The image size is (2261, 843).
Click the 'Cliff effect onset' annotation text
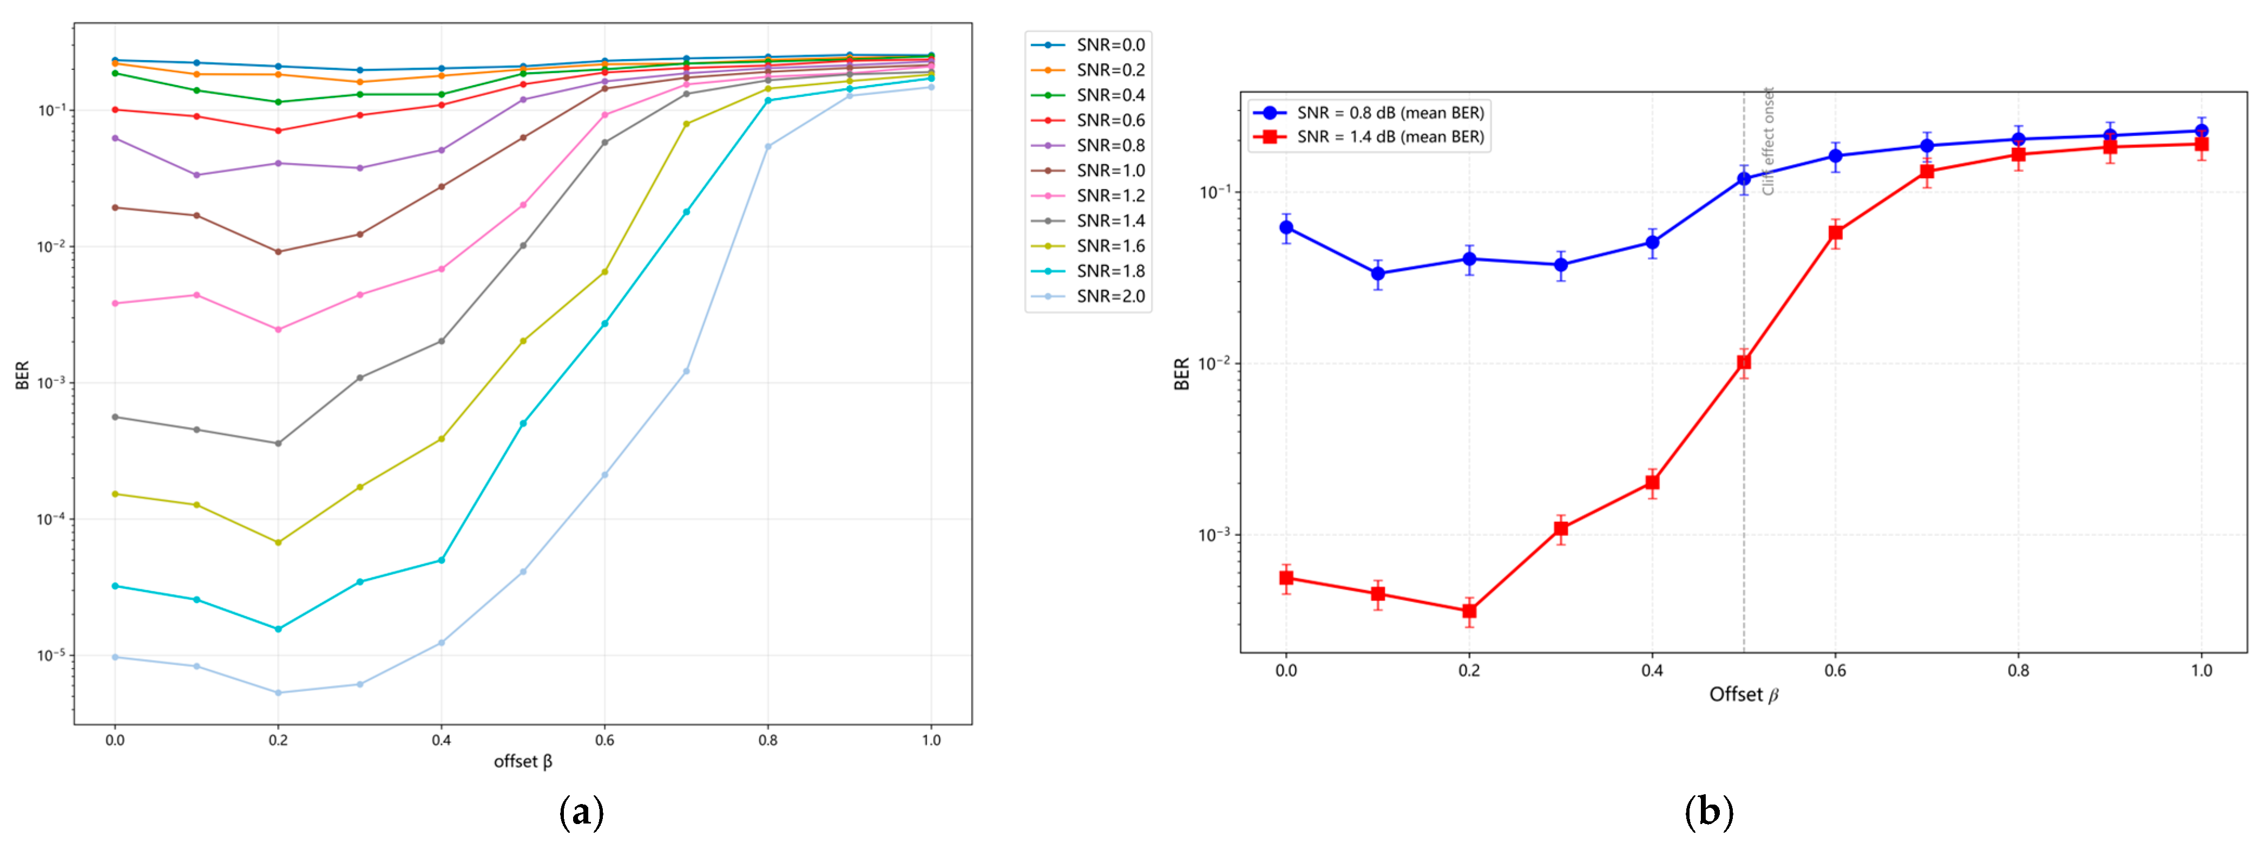(x=1767, y=141)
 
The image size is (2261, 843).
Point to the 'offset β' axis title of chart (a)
(x=523, y=761)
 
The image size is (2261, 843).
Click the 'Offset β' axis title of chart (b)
(x=1743, y=695)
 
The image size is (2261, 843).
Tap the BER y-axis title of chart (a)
(x=23, y=375)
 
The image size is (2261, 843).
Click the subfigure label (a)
(x=581, y=812)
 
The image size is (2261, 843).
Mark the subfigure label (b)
(x=1708, y=812)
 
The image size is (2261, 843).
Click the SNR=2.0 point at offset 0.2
(x=278, y=693)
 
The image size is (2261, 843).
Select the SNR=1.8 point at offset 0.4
(x=442, y=560)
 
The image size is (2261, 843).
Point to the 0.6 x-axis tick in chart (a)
(x=604, y=740)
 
